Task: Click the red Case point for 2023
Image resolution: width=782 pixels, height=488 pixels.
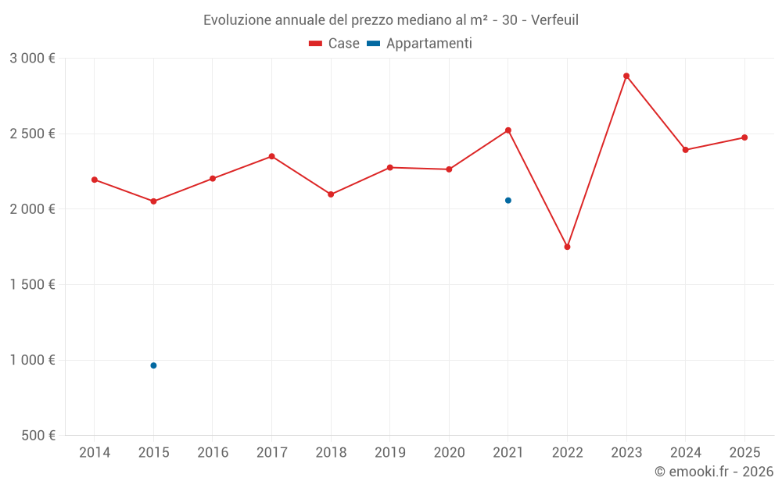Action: tap(626, 76)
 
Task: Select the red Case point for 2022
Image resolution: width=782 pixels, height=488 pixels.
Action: tap(567, 247)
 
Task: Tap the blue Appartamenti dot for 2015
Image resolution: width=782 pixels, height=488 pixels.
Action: tap(153, 365)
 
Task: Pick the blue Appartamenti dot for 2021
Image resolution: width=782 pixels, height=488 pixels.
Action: tap(508, 201)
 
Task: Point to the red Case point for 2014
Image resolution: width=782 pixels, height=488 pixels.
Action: tap(95, 180)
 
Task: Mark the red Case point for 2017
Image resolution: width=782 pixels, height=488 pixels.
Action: tap(272, 156)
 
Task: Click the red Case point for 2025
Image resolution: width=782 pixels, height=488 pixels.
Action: tap(744, 137)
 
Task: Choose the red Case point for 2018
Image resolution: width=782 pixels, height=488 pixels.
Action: tap(331, 194)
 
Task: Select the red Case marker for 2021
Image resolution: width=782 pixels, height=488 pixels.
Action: tap(508, 130)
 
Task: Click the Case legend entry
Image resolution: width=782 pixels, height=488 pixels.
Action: tap(335, 44)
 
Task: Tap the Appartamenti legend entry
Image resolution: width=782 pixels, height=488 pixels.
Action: tap(420, 44)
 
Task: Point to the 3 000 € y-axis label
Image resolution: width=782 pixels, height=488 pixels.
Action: tap(32, 59)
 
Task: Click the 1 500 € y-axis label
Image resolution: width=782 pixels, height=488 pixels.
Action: tap(32, 285)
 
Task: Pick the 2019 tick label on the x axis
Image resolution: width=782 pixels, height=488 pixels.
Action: tap(390, 453)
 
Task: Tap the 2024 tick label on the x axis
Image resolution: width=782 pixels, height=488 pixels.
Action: tap(686, 453)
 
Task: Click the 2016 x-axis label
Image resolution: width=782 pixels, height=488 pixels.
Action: tap(213, 453)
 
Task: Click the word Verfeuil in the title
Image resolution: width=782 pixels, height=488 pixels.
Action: tap(554, 20)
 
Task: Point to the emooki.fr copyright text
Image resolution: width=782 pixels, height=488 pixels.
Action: tap(713, 472)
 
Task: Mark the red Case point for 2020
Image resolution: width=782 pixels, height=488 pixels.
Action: tap(449, 169)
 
